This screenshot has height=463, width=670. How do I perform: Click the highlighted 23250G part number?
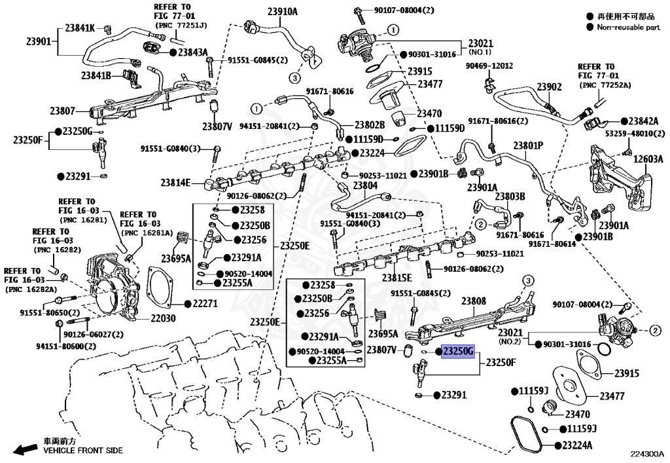point(458,352)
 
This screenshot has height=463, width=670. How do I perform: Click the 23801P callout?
point(529,145)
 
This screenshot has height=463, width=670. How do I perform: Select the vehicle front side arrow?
point(27,449)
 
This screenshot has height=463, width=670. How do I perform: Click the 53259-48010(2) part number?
point(633,134)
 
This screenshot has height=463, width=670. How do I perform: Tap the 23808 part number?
point(473,302)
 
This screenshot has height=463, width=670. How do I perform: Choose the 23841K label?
point(79,28)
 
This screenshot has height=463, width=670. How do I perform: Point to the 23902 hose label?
point(550,87)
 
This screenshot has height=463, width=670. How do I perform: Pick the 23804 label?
point(365,186)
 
